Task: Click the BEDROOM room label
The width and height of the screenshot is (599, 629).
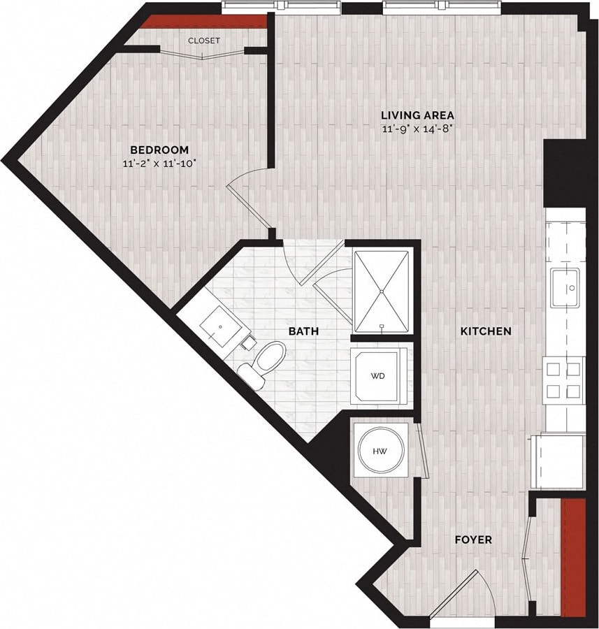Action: tap(159, 150)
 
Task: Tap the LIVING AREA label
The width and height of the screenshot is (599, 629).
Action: tap(417, 115)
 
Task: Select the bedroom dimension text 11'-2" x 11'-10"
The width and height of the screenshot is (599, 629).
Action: tap(158, 164)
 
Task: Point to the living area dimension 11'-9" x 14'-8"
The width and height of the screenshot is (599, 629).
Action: tap(417, 129)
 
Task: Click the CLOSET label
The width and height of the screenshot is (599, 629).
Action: tap(203, 41)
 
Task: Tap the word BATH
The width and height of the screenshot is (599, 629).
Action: tap(304, 331)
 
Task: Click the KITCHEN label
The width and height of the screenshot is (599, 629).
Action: tap(485, 331)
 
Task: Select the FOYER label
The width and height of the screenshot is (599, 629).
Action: tap(473, 540)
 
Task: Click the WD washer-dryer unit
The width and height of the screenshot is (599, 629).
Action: tap(377, 376)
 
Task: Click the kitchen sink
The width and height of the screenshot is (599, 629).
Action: tap(564, 287)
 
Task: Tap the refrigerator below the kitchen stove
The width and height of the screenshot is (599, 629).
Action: tap(558, 461)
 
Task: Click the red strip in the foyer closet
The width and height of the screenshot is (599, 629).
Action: tap(574, 557)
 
